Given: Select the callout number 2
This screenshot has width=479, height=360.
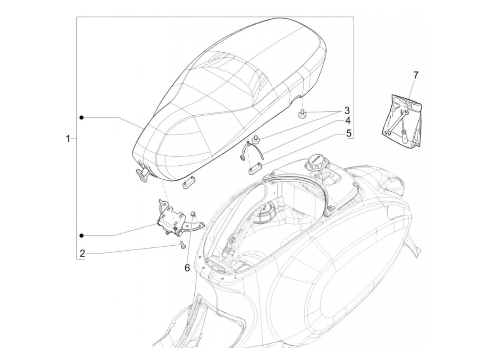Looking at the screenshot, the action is (82, 254).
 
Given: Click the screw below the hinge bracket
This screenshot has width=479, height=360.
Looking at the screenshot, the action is (182, 244).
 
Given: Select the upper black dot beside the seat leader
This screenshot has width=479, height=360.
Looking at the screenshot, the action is (81, 117).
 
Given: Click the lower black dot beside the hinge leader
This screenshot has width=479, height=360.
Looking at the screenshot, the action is (81, 235).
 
